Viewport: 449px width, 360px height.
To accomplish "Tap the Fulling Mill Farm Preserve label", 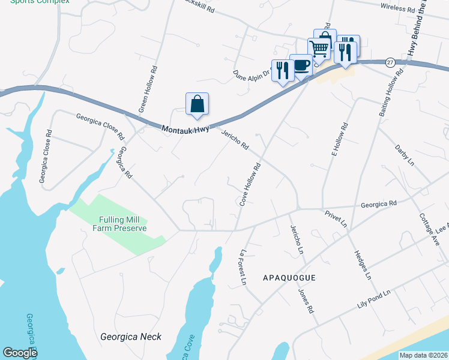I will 120,224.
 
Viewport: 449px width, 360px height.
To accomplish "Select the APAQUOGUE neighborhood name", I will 289,278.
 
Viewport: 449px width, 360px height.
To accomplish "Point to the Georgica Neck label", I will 131,337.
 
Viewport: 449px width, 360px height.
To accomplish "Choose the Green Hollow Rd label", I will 148,89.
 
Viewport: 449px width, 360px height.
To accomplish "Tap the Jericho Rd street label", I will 235,140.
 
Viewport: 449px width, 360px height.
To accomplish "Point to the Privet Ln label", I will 336,217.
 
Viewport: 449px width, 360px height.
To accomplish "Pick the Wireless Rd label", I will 399,9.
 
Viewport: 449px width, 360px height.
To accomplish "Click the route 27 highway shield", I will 390,62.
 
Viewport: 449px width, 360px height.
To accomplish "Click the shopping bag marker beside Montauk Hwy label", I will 197,104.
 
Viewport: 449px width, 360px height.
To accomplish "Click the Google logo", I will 20,353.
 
